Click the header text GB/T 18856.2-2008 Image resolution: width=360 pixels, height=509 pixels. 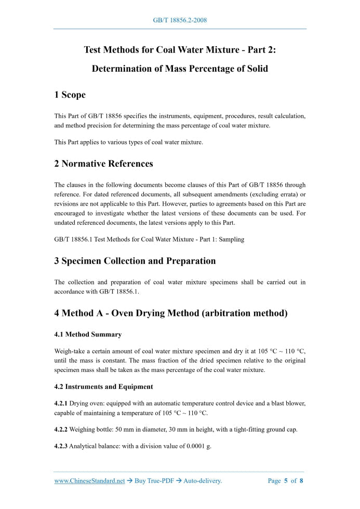(180, 20)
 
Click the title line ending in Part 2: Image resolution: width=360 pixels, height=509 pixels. (180, 50)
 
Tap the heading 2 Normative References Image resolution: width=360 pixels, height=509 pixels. (103, 164)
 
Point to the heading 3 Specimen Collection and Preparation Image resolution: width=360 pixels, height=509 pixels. (135, 261)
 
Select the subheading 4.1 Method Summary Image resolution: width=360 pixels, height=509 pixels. (88, 334)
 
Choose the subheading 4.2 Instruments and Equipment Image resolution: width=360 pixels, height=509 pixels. (103, 386)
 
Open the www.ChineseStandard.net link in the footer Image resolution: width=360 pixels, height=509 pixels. (89, 481)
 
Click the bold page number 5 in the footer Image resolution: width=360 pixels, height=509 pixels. (286, 481)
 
